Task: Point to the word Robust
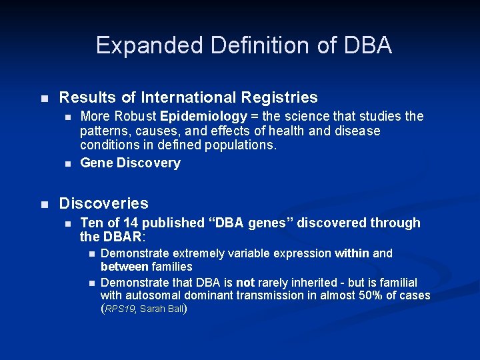tap(139, 117)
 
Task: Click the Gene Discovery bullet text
tap(130, 163)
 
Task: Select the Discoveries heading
tap(104, 203)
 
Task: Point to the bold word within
tap(352, 253)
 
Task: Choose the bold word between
tap(125, 266)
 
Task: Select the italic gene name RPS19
tap(121, 309)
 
